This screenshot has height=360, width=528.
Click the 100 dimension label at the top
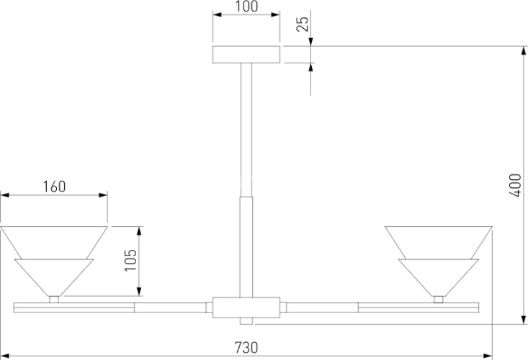point(246,6)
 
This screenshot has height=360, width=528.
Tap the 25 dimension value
point(303,24)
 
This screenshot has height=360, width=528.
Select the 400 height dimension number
point(515,185)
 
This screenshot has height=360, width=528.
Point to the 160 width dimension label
point(54,186)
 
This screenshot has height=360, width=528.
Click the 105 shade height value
point(130,260)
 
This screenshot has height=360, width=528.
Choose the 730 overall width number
point(246,347)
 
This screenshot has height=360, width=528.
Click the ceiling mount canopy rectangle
point(246,55)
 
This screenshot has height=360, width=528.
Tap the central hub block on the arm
point(246,307)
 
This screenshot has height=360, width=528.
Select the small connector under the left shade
point(54,300)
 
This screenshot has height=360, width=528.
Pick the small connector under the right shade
point(439,300)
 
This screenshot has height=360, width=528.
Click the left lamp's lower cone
point(54,278)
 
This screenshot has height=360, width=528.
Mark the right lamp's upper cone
point(439,243)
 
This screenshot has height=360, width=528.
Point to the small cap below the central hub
point(246,321)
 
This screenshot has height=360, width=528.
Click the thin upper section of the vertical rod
point(246,130)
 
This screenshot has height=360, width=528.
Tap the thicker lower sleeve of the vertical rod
point(246,247)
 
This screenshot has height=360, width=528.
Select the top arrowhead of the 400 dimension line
point(523,51)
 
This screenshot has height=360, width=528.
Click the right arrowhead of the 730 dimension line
point(488,356)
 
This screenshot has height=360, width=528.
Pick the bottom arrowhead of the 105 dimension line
point(140,292)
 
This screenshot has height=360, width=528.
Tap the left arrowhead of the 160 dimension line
point(5,195)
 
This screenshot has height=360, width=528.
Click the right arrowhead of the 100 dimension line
point(275,14)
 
